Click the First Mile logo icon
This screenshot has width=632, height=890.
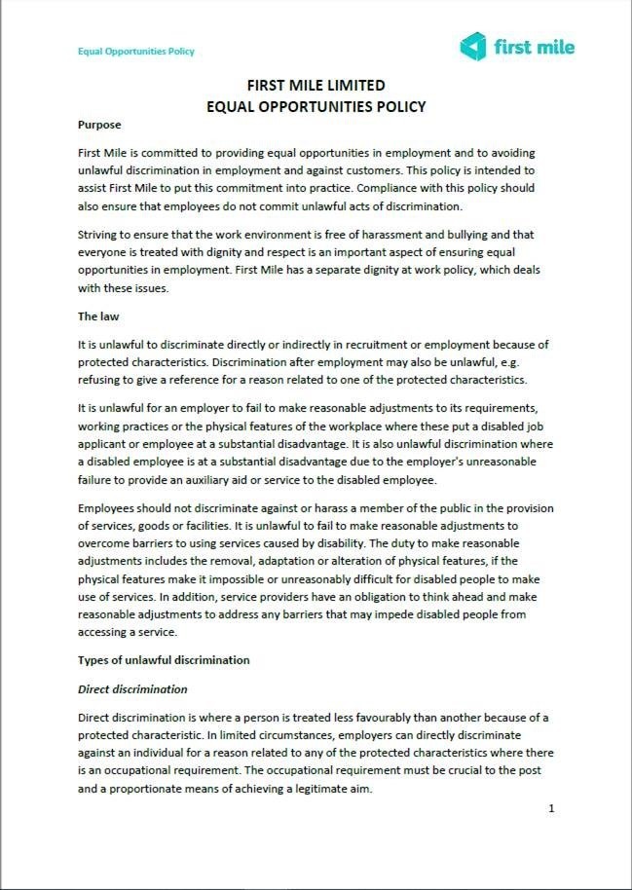pos(473,46)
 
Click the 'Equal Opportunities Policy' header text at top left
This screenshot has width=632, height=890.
pos(136,52)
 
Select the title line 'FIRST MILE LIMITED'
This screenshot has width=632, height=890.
pos(316,85)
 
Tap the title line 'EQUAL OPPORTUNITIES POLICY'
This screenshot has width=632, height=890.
pos(316,106)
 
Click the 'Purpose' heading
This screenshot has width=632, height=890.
pos(99,125)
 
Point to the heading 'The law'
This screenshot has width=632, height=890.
pos(101,316)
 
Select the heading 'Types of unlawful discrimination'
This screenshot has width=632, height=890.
pos(164,660)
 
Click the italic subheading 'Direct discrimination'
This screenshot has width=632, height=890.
pos(132,689)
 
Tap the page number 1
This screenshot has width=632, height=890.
pos(551,808)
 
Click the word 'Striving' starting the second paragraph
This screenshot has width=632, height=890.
pos(99,236)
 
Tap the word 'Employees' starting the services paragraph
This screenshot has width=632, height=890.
pos(108,509)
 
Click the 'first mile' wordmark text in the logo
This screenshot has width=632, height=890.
pos(535,46)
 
